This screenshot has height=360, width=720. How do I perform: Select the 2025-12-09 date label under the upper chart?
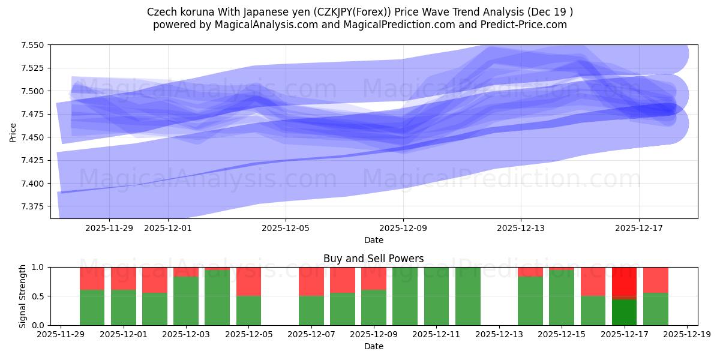click(403, 228)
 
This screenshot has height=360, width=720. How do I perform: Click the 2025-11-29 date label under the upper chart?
click(109, 228)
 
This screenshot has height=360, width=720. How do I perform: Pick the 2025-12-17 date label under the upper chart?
click(638, 228)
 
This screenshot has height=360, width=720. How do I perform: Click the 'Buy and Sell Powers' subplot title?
click(373, 259)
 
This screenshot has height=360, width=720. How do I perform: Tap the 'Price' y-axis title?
click(13, 132)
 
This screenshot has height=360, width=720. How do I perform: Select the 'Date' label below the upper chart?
click(373, 240)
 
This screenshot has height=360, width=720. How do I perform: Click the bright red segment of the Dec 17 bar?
click(624, 281)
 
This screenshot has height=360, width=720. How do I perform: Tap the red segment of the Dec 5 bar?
click(248, 281)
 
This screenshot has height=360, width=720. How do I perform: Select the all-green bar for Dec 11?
click(436, 296)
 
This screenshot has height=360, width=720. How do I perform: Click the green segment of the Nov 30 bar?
click(92, 308)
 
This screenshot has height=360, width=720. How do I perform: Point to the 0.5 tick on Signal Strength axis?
click(40, 296)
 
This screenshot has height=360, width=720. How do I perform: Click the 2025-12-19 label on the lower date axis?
click(686, 335)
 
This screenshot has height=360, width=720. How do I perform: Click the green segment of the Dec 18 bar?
click(655, 309)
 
